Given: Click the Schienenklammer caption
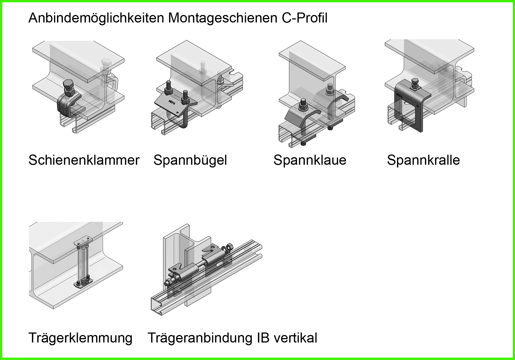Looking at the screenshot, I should click(x=84, y=160).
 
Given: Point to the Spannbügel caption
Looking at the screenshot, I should click(x=190, y=160).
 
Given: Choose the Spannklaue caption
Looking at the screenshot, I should click(x=310, y=160).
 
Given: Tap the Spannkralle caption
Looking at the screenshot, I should click(x=423, y=160).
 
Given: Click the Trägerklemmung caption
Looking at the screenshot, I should click(x=80, y=338).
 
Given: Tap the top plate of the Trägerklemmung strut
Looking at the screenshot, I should click(x=82, y=239).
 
